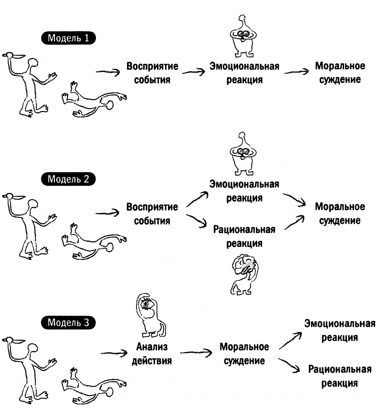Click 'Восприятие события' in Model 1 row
(x=152, y=72)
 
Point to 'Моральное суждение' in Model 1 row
(x=340, y=72)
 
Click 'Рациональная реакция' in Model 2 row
(x=244, y=236)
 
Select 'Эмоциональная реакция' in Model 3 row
(x=340, y=330)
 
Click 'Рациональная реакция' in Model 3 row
(x=340, y=376)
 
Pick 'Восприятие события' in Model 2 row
(x=152, y=214)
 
